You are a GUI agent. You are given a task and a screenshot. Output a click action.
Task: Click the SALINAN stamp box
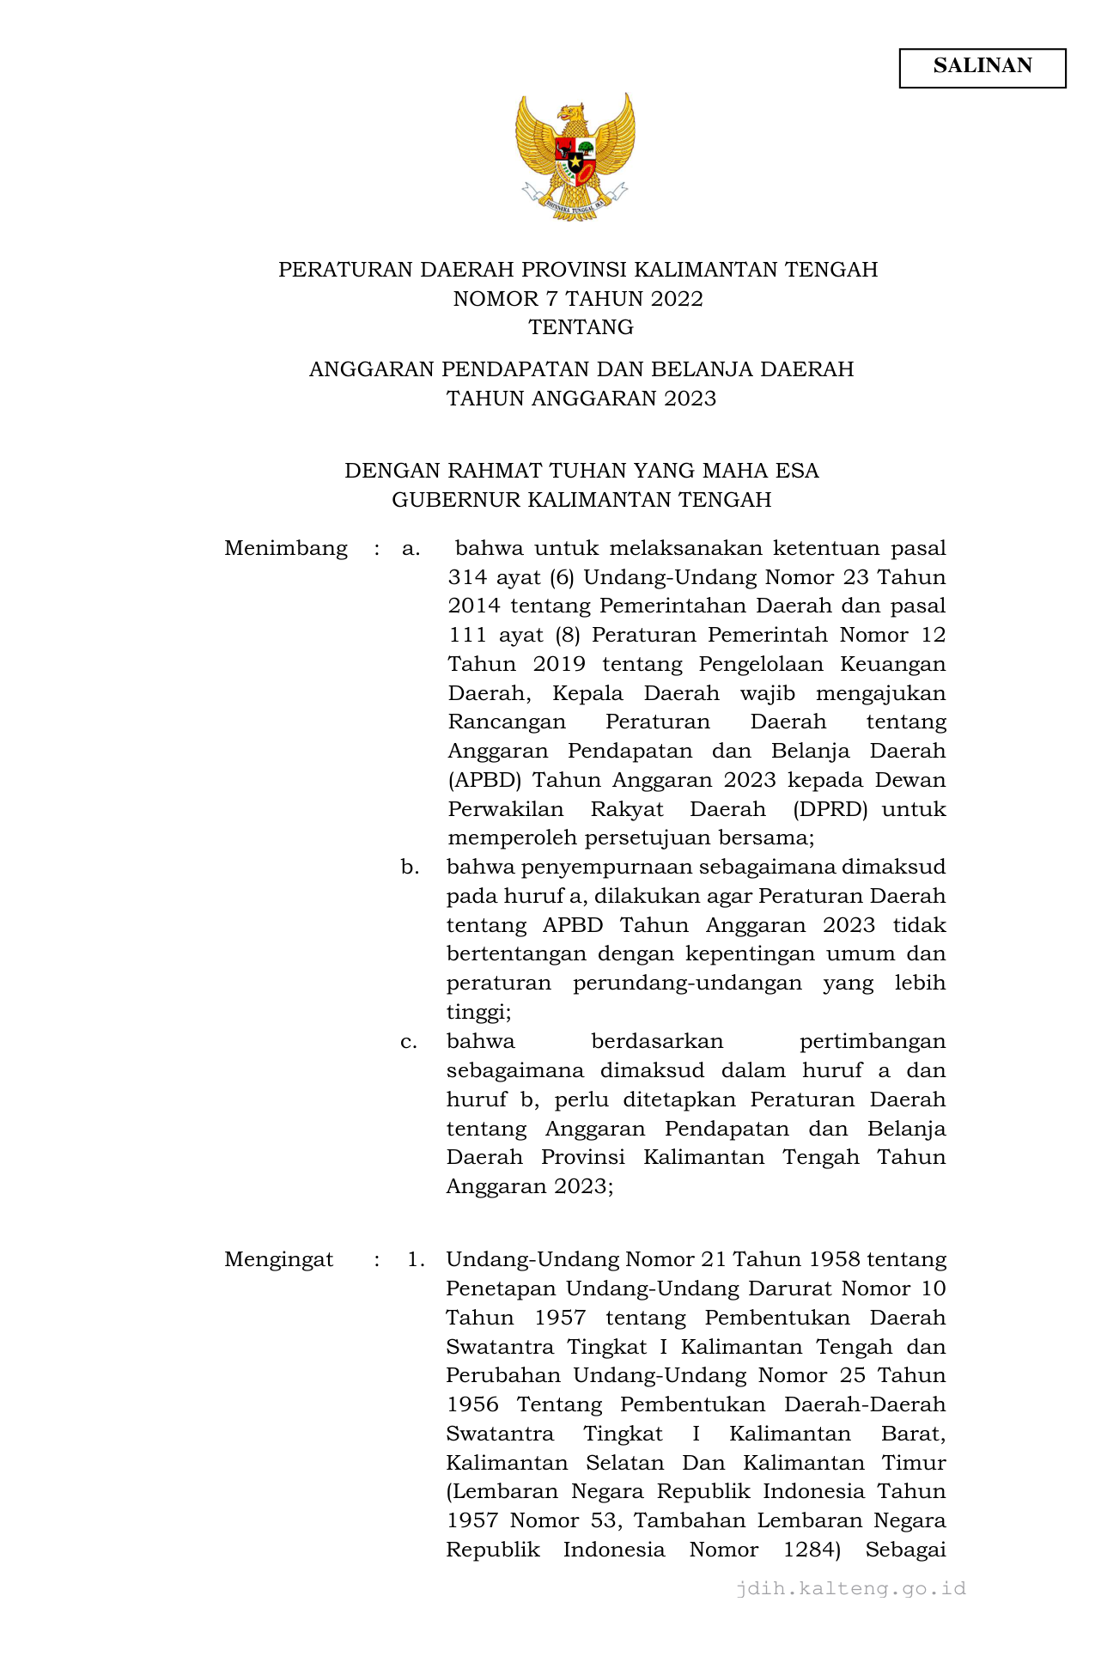click(982, 68)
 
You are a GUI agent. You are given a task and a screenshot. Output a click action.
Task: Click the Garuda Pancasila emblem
click(575, 157)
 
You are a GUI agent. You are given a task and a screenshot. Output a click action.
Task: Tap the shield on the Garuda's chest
click(575, 160)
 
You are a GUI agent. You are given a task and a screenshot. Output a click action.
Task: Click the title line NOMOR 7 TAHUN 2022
click(578, 299)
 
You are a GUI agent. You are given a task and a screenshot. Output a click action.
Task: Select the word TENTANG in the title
click(581, 327)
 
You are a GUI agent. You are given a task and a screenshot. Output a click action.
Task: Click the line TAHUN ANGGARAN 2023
click(581, 399)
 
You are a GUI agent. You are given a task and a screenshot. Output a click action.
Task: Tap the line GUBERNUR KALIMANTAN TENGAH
click(581, 500)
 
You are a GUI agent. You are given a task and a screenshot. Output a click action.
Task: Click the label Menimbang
click(286, 549)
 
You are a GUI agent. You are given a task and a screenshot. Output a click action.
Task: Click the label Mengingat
click(279, 1260)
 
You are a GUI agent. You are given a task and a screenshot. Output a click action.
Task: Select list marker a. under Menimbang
click(411, 549)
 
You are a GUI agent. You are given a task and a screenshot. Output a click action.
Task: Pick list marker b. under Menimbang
click(410, 868)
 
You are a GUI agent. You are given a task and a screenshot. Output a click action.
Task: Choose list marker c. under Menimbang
click(409, 1042)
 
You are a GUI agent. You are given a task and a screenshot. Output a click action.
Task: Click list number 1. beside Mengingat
click(416, 1260)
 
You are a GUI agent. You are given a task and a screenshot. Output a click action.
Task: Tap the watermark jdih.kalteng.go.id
click(850, 1588)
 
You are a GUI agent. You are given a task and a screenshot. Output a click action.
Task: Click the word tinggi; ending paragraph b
click(478, 1013)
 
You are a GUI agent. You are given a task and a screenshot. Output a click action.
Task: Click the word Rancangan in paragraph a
click(507, 722)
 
